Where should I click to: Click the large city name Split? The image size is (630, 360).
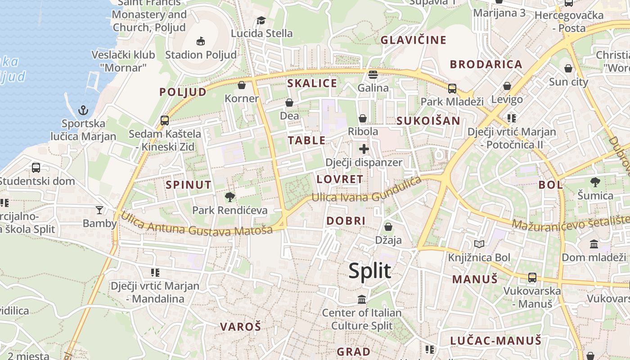(x=369, y=271)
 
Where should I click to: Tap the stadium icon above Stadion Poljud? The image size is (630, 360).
(x=201, y=41)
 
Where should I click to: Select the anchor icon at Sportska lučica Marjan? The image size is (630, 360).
(x=83, y=110)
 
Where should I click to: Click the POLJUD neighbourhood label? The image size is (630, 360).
(x=183, y=92)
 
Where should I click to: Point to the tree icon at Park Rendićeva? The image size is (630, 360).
(x=230, y=197)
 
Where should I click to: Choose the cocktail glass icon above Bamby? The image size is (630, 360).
(x=99, y=210)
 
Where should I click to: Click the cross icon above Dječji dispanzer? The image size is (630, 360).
(x=364, y=149)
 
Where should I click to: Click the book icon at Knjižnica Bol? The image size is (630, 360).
(x=479, y=244)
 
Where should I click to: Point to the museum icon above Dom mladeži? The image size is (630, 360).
(x=594, y=244)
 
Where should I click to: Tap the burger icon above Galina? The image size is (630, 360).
(x=373, y=74)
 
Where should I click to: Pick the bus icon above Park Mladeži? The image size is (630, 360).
(x=452, y=88)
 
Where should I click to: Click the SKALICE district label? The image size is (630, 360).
(x=312, y=83)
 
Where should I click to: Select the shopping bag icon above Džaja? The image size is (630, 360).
(x=388, y=227)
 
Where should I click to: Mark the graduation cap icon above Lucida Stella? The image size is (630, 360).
(x=261, y=20)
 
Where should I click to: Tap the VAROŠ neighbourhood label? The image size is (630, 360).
(x=240, y=327)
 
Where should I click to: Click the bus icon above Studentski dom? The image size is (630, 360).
(x=36, y=168)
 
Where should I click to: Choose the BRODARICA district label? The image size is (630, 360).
(x=486, y=64)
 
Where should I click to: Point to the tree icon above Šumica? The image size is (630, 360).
(x=595, y=182)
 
